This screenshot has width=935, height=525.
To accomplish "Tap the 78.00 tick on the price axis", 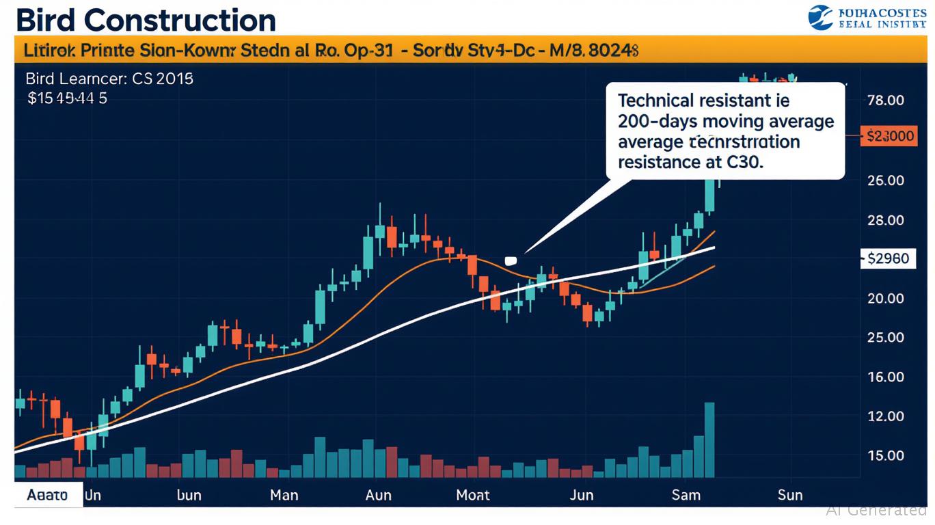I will (885, 100).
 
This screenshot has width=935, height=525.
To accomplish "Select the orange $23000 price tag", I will (890, 135).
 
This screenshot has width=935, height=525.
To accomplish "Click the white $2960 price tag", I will (888, 258).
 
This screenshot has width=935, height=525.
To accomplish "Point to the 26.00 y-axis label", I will (885, 180).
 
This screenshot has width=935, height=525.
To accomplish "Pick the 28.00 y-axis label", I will (885, 220).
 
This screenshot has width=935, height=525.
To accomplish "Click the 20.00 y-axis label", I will (885, 298).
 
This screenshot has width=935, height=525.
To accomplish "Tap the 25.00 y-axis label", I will (885, 337).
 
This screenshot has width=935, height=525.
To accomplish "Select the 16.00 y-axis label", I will (885, 377).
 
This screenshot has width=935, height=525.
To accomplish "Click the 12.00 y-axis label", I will (885, 416).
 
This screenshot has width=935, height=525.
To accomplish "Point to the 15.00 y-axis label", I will (885, 455).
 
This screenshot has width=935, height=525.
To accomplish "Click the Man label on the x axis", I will (284, 494).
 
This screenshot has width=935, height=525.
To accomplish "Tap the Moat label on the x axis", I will (473, 494).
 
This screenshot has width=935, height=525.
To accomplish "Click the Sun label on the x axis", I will (789, 494).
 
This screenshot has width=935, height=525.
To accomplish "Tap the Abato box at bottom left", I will (48, 494).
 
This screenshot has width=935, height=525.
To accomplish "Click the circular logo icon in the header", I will (819, 17).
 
